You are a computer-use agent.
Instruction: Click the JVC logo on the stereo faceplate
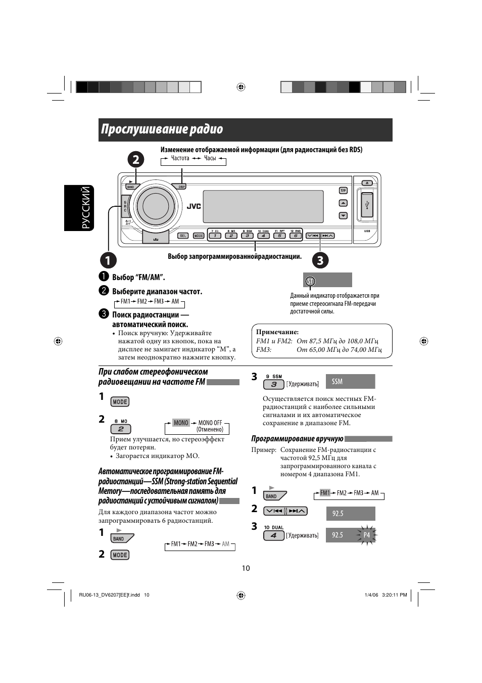coord(194,206)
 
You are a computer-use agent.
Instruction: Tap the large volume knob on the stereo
coord(155,205)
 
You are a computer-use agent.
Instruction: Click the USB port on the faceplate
coord(367,205)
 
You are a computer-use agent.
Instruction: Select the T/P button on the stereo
coord(343,191)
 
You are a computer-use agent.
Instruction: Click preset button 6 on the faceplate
coord(295,236)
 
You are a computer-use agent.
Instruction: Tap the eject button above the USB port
coord(367,183)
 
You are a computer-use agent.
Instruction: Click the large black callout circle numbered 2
coord(135,160)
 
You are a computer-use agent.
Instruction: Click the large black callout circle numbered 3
coord(320,260)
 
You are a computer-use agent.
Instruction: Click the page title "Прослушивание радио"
coord(162,129)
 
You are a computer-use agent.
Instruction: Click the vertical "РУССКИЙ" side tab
coord(86,207)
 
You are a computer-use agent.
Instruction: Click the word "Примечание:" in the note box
coord(277,332)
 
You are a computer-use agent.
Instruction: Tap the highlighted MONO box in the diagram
coord(181,423)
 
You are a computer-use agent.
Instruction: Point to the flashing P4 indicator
coord(367,535)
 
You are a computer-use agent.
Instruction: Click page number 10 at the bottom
coord(246,568)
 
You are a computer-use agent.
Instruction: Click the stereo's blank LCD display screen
coord(263,206)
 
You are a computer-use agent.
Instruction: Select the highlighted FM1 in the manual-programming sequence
coord(325,493)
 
